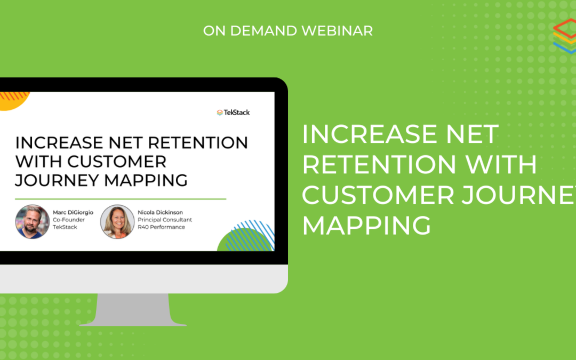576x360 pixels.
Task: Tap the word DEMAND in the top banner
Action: [263, 31]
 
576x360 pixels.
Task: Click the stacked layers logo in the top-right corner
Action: [565, 36]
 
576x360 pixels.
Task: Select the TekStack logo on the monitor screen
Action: [233, 113]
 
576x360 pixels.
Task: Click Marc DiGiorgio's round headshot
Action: [33, 221]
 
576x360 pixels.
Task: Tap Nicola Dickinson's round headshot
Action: [117, 221]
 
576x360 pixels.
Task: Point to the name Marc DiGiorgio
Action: [73, 212]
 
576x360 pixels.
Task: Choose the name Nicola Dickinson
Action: [160, 212]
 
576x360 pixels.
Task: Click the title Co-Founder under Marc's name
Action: [69, 220]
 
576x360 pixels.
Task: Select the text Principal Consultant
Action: [165, 220]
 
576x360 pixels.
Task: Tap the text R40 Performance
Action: [161, 227]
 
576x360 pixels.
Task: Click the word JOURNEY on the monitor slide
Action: [57, 180]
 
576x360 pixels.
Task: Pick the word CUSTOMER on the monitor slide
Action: [117, 162]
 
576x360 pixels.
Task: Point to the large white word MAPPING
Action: [366, 226]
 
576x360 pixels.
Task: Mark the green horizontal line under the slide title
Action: [121, 199]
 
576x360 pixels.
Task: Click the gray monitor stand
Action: [133, 309]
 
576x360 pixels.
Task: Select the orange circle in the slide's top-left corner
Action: [12, 100]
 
